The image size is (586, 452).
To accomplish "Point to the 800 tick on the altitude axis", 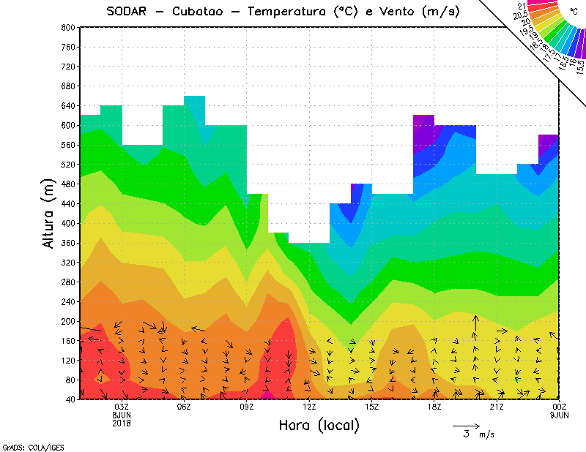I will tap(67, 27).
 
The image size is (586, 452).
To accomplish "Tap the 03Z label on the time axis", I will tap(122, 407).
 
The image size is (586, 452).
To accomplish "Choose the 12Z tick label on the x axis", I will tap(309, 407).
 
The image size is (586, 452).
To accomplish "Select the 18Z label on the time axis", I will tap(434, 407).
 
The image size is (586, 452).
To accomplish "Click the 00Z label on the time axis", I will tap(560, 407).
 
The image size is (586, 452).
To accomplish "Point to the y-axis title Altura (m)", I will tap(48, 212).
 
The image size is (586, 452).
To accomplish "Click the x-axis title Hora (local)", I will tap(318, 425).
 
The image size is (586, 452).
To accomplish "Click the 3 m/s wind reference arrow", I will tap(466, 425).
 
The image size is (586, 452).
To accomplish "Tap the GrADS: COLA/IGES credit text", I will tap(33, 446).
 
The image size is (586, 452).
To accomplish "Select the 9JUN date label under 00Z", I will tap(560, 414).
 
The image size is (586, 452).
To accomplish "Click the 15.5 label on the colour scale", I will tap(579, 66).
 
